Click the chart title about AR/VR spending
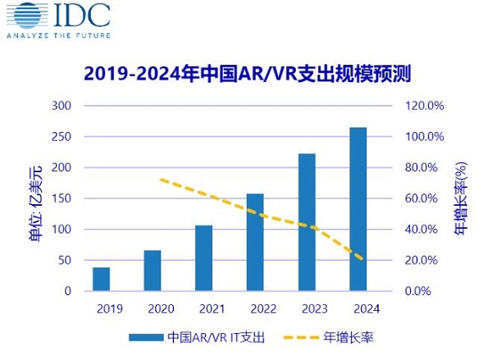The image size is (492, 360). tap(246, 74)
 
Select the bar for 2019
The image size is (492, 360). tap(101, 279)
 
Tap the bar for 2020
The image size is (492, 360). tap(153, 271)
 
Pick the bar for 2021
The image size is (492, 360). tap(203, 257)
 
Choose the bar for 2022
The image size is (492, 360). tap(255, 242)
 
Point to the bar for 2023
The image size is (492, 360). tap(307, 222)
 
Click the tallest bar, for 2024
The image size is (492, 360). tap(358, 209)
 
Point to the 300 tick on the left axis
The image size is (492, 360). tap(62, 106)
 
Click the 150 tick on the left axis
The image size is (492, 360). tap(62, 198)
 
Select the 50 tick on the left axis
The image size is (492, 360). tap(66, 260)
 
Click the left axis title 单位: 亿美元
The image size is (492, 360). tap(33, 198)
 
